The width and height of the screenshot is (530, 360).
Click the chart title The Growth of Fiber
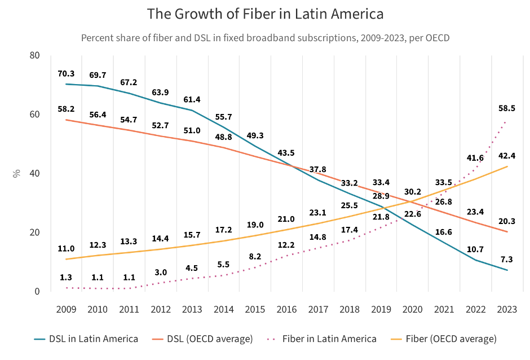(x=264, y=14)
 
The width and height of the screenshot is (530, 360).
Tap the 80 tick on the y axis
(x=35, y=55)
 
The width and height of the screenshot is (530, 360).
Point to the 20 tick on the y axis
(x=35, y=232)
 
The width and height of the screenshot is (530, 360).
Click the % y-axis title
(x=16, y=173)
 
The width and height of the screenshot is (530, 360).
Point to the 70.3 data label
(x=67, y=74)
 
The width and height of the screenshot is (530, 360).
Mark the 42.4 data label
(x=505, y=155)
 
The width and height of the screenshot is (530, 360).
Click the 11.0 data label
(x=67, y=248)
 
